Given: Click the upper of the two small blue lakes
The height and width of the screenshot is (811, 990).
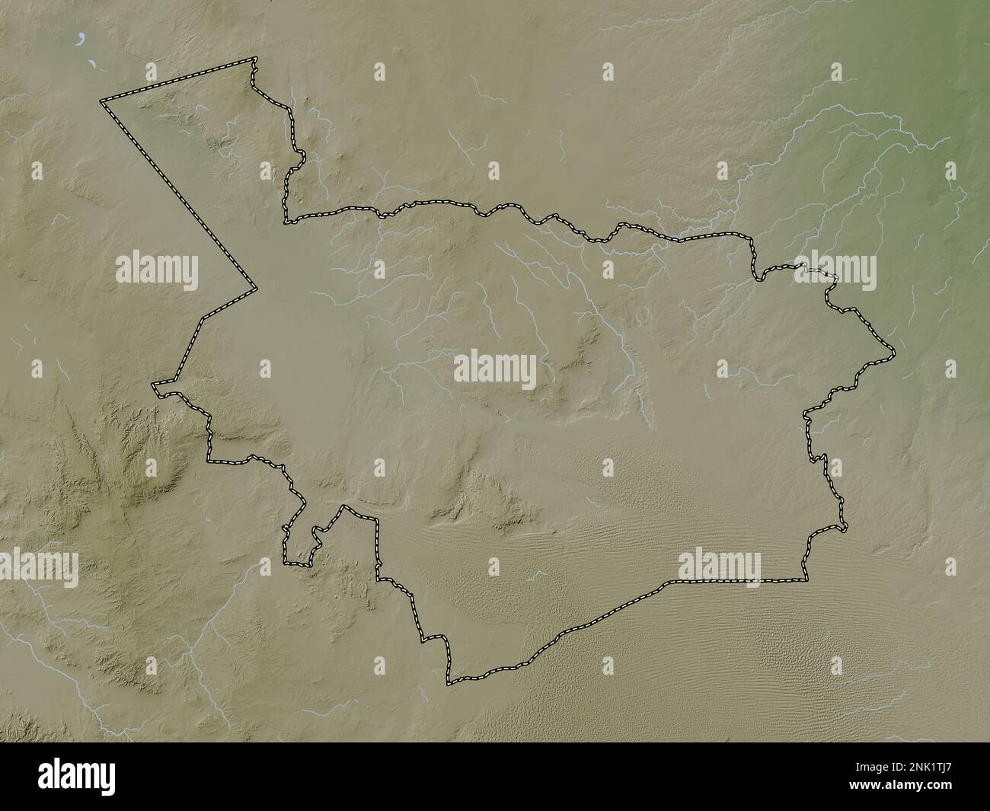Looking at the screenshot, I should click(x=80, y=36).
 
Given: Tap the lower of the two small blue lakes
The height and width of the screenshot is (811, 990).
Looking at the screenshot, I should click(x=91, y=65).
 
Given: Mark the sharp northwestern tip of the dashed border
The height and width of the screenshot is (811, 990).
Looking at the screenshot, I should click(x=104, y=99).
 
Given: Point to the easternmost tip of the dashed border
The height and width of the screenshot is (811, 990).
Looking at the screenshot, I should click(x=893, y=355).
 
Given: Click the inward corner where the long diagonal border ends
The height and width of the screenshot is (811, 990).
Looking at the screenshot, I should click(x=255, y=289).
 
